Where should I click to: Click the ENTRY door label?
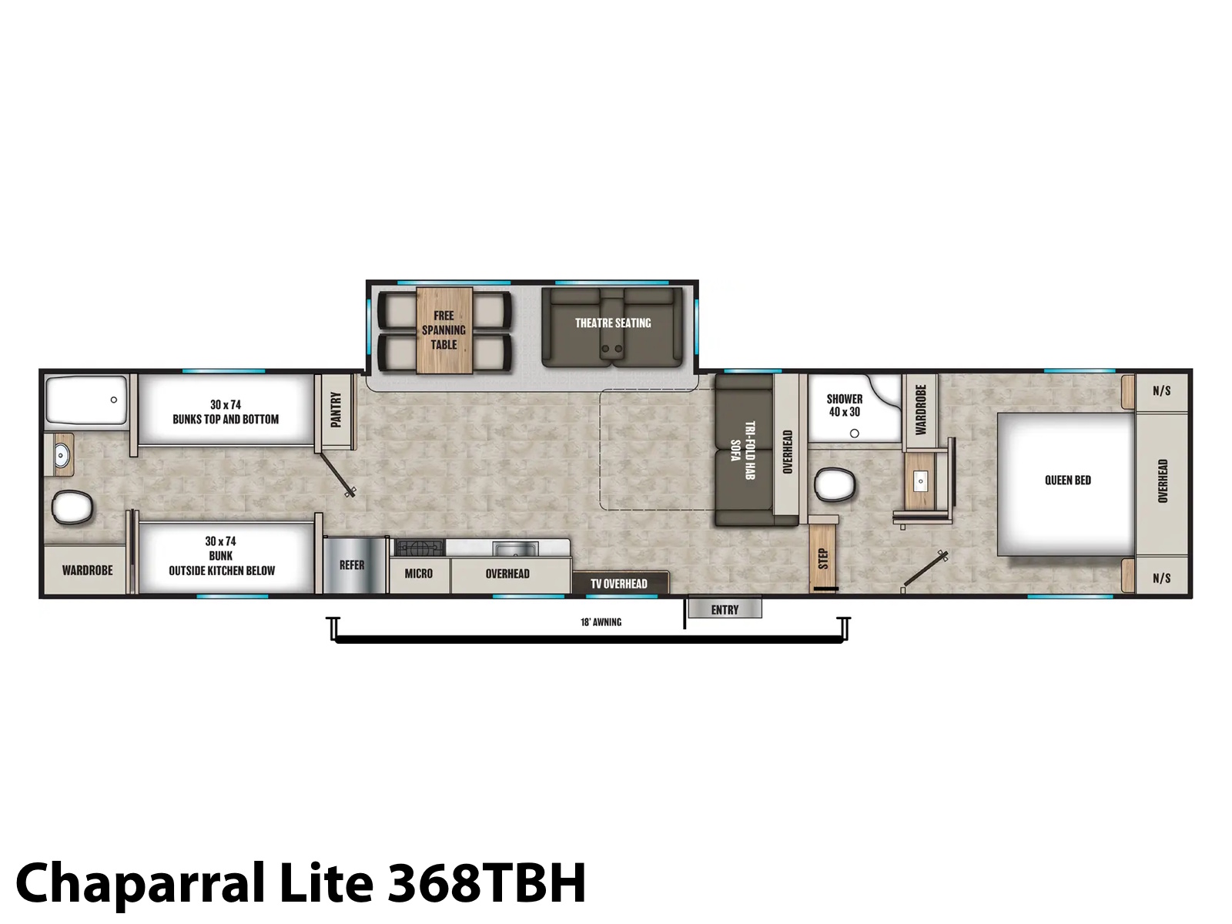[x=725, y=609]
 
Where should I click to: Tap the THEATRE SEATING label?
[x=613, y=323]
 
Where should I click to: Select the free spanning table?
[x=444, y=330]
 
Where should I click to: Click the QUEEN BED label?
[x=1067, y=480]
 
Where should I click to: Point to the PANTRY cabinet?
[x=336, y=412]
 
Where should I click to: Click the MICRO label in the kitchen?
[x=419, y=574]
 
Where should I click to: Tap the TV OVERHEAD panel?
[x=620, y=583]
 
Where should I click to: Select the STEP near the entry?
[x=823, y=555]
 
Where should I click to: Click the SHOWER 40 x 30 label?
[x=845, y=405]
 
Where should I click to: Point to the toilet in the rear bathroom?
[x=72, y=507]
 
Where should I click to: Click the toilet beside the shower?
[x=835, y=484]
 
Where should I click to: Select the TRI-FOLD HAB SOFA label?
[x=742, y=450]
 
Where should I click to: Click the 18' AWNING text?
[x=601, y=621]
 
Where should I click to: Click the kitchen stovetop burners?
[x=420, y=547]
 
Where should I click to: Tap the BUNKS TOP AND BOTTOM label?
[x=226, y=419]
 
